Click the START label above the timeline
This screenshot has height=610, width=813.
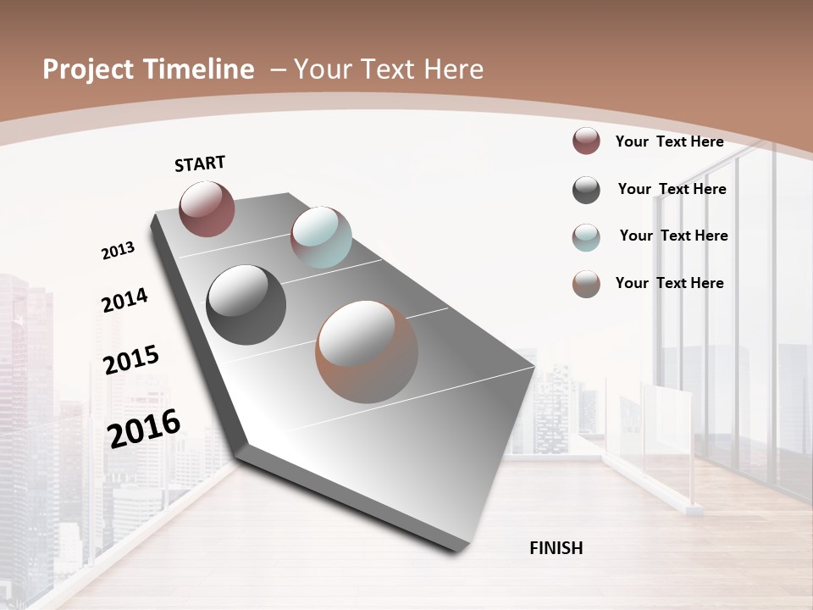point(200,164)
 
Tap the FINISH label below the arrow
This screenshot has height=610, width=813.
point(556,548)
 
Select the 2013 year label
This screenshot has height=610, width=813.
point(118,251)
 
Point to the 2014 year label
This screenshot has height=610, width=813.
point(124,301)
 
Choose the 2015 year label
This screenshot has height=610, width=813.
point(131,360)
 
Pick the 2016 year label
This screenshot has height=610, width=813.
point(144,429)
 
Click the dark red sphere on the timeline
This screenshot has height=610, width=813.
point(207,208)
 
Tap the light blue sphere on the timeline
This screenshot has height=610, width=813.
point(321,237)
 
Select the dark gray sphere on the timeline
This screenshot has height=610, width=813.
point(246,305)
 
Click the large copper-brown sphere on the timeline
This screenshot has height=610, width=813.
point(367,352)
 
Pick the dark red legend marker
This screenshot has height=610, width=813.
point(586,141)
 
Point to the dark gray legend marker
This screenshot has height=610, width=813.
point(586,190)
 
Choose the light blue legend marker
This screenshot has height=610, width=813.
point(586,237)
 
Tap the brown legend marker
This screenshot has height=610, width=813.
point(586,284)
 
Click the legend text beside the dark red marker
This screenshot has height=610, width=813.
point(669,141)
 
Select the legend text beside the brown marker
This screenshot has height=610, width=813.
point(669,283)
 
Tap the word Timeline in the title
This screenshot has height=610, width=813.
point(204,69)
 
